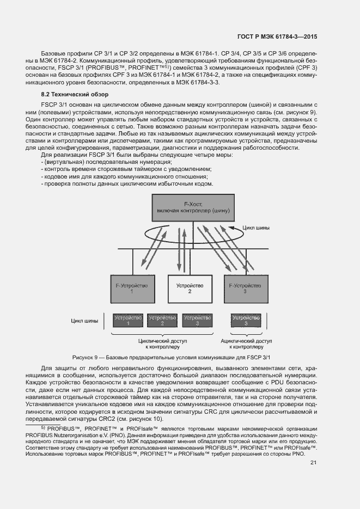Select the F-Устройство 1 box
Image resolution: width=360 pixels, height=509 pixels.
(132, 288)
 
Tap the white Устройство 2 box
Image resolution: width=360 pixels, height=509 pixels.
(189, 288)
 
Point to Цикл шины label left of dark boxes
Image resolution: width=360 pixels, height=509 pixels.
(85, 321)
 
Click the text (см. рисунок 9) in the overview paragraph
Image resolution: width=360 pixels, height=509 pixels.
(298, 112)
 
